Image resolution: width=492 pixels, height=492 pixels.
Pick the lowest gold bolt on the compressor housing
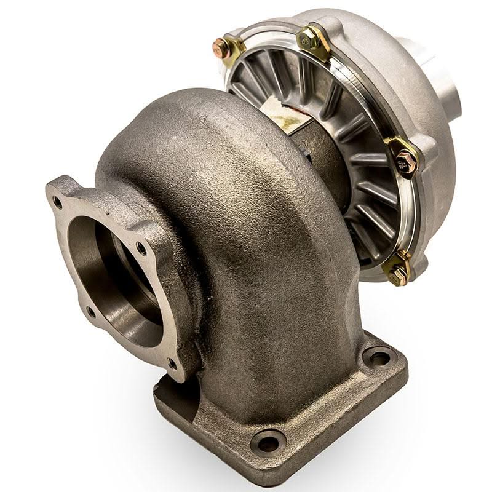[x=399, y=271]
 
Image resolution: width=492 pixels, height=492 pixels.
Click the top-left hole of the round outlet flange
[x=58, y=200]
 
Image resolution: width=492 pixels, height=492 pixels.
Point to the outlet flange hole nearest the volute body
[x=142, y=248]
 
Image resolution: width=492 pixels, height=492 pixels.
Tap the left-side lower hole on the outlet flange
[x=90, y=311]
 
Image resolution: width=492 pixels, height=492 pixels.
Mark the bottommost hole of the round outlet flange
[x=173, y=363]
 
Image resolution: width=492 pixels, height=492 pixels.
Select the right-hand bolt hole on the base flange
[x=377, y=357]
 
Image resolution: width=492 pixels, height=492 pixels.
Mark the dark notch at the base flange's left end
[x=161, y=387]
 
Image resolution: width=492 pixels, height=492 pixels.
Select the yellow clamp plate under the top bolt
[x=317, y=46]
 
